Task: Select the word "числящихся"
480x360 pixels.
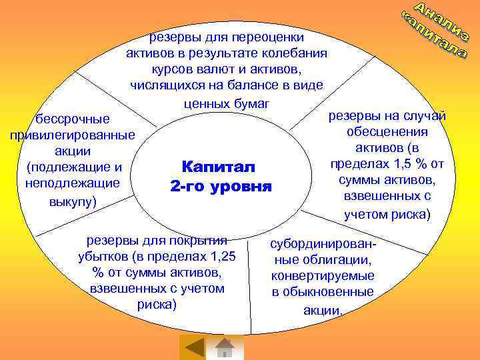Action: (163, 85)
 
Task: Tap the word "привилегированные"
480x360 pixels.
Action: (72, 135)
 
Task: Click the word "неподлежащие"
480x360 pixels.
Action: (72, 182)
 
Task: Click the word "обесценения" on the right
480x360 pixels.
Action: (387, 131)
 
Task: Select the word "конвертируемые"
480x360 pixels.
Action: (323, 276)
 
